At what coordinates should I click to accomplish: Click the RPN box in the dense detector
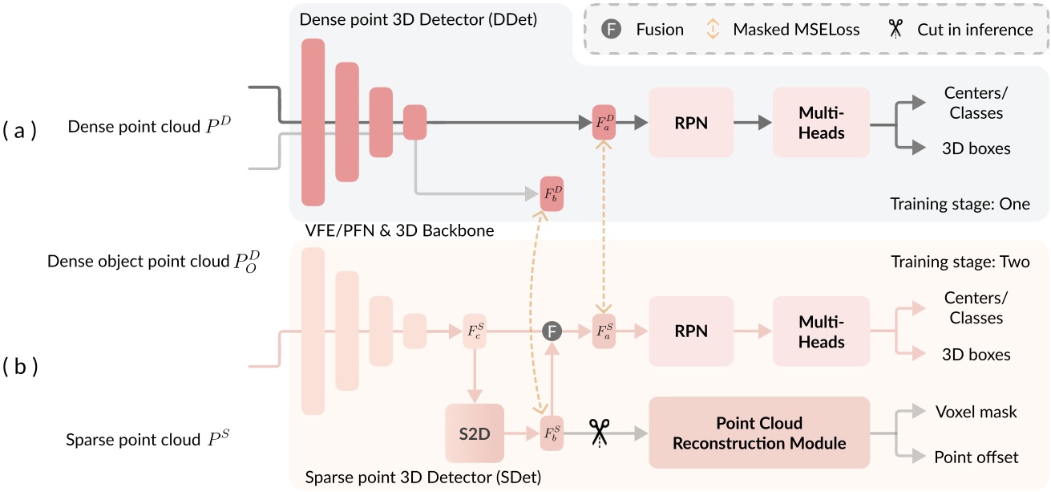(691, 123)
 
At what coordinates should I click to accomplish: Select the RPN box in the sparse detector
(691, 331)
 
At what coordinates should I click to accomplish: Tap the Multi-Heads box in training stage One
(821, 123)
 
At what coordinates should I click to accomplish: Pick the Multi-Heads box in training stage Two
(821, 331)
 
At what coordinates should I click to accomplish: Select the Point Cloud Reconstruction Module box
(759, 433)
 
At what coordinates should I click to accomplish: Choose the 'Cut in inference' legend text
(975, 30)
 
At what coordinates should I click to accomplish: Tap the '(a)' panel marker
(19, 131)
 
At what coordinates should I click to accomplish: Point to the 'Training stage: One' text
(960, 204)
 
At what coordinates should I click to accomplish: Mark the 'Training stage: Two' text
(960, 262)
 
